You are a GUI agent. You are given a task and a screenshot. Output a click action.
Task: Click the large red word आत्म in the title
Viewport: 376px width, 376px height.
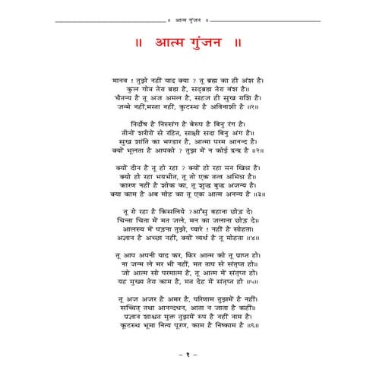(156, 40)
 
